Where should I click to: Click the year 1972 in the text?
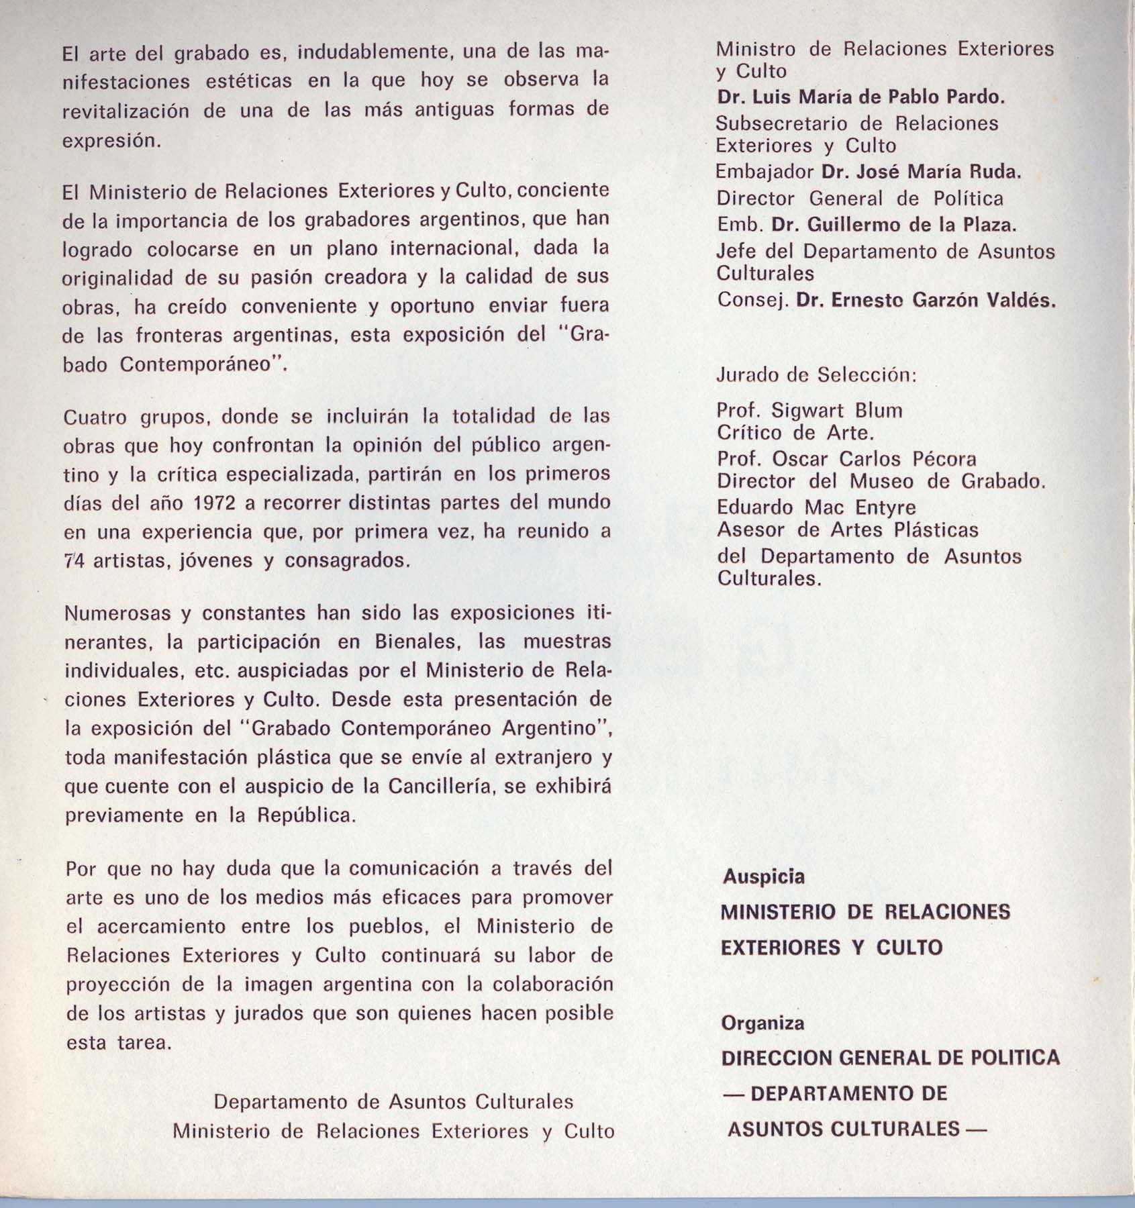tap(207, 503)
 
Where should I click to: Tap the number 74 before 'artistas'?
tap(75, 560)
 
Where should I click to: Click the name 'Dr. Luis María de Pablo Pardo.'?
tap(860, 97)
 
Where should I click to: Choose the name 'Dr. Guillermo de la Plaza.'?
tap(894, 225)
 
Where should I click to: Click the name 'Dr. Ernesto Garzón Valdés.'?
tap(926, 300)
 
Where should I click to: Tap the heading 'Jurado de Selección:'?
tap(816, 374)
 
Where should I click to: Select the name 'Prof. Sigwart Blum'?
tap(809, 410)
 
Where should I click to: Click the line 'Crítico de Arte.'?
tap(795, 433)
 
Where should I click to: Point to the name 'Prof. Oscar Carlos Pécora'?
tap(846, 459)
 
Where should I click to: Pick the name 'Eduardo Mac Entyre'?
tap(816, 507)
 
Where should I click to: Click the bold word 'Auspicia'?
tap(763, 876)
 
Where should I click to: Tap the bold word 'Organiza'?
tap(762, 1023)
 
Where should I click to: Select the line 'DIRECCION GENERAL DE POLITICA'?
tap(890, 1058)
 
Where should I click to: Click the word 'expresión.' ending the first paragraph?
tap(111, 142)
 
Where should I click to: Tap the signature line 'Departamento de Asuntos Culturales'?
tap(393, 1102)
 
